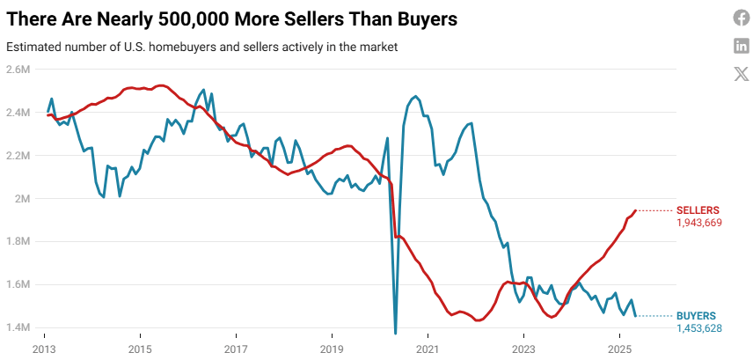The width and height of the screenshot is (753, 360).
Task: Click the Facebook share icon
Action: [x=741, y=18]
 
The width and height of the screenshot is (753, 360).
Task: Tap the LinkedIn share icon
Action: [x=741, y=46]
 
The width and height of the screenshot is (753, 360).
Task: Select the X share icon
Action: [x=741, y=74]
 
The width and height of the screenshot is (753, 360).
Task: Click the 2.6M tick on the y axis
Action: [x=18, y=69]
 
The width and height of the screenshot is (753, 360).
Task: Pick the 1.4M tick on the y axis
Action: [x=18, y=327]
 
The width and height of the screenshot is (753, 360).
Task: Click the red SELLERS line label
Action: [x=698, y=210]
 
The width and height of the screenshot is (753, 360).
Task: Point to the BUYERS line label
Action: [x=696, y=315]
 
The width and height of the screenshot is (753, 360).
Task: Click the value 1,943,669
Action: [x=698, y=224]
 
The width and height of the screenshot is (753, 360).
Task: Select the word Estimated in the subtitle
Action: [x=32, y=46]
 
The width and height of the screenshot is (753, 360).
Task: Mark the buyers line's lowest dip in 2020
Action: [x=395, y=333]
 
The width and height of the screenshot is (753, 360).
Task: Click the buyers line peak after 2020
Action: [x=415, y=97]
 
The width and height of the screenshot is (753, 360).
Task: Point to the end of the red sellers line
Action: [x=635, y=210]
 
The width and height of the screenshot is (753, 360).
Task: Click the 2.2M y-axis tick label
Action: [x=18, y=155]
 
